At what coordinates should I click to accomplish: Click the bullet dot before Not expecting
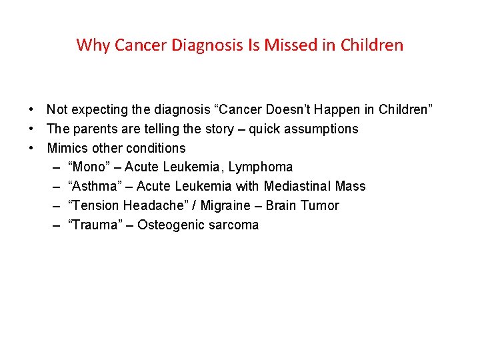[31, 109]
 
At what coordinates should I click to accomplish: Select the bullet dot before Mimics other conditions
[31, 148]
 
